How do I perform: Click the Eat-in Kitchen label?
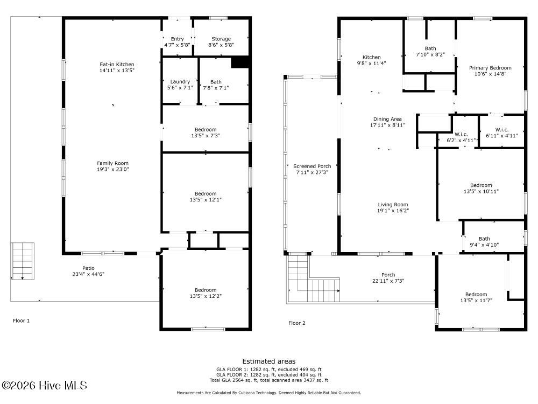click(x=117, y=64)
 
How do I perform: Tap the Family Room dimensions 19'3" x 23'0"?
click(x=112, y=169)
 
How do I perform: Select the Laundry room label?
click(x=180, y=82)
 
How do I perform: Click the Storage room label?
click(x=221, y=39)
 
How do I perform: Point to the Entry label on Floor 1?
click(x=177, y=39)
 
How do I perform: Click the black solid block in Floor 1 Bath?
click(x=240, y=62)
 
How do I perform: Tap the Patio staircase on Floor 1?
click(x=22, y=261)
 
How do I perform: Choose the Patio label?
click(x=88, y=268)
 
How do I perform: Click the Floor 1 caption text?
click(x=22, y=321)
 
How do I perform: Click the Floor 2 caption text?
click(x=297, y=323)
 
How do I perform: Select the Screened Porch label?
click(x=312, y=166)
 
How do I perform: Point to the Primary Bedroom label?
click(x=490, y=68)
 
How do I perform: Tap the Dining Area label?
click(x=387, y=119)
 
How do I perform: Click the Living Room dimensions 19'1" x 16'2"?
click(x=393, y=211)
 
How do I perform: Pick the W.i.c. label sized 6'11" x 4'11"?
click(x=501, y=130)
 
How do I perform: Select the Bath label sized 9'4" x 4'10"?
click(x=484, y=239)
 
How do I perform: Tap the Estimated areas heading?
click(x=268, y=361)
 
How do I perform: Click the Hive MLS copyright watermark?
click(x=44, y=386)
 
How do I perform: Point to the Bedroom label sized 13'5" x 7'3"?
click(x=206, y=129)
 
